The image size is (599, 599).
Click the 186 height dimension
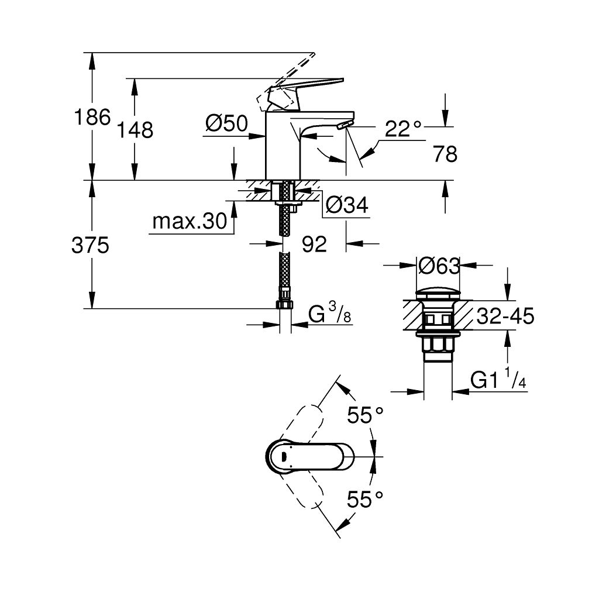click(x=92, y=118)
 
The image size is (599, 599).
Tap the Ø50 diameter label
click(x=227, y=123)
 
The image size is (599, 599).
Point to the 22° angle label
click(x=404, y=128)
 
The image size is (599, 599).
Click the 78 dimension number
click(x=445, y=154)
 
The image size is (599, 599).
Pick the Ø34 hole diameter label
click(x=347, y=205)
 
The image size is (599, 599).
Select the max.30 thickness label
click(x=189, y=222)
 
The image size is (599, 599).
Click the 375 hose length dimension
click(x=91, y=246)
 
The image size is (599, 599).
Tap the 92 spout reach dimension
click(x=315, y=245)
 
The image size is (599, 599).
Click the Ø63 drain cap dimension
click(x=439, y=266)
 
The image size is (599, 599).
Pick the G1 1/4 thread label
click(x=499, y=380)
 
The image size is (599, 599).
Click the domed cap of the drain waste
click(x=439, y=292)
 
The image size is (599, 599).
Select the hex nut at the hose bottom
click(x=283, y=305)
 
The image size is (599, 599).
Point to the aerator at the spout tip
click(x=345, y=125)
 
